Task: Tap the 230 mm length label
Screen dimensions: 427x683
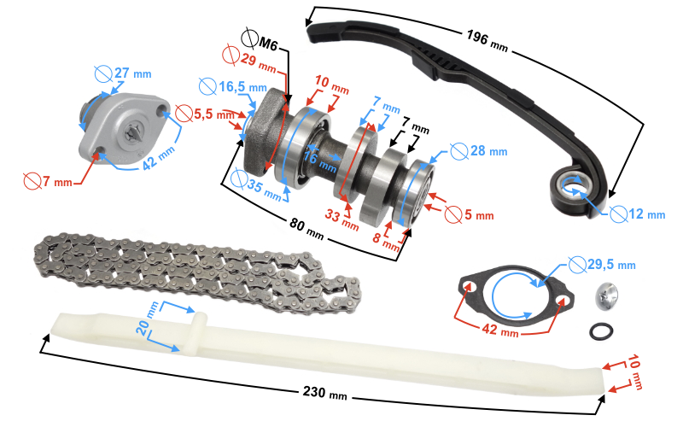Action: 326,394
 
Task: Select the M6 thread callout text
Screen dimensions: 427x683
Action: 267,42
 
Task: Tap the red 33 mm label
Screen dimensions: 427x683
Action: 346,219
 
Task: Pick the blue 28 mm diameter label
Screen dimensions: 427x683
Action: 487,151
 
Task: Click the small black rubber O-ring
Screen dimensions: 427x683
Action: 601,330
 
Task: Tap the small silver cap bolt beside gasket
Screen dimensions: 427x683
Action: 605,296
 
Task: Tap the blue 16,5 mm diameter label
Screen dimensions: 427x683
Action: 242,88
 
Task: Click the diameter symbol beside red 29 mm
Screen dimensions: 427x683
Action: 230,54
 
